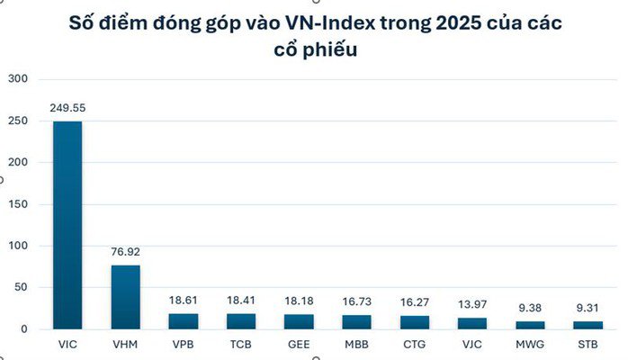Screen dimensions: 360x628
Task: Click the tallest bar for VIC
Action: pyautogui.click(x=67, y=225)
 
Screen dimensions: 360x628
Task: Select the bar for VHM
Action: pyautogui.click(x=125, y=297)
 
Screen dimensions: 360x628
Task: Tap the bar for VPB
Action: pyautogui.click(x=183, y=321)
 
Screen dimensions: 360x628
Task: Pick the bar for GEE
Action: pyautogui.click(x=299, y=321)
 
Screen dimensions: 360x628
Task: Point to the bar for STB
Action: pyautogui.click(x=588, y=325)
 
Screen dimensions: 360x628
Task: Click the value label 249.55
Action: pyautogui.click(x=67, y=108)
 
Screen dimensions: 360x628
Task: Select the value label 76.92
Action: pyautogui.click(x=125, y=253)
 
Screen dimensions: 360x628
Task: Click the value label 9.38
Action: pyautogui.click(x=530, y=309)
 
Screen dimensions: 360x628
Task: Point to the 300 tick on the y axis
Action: pyautogui.click(x=19, y=79)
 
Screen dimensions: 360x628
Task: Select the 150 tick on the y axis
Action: pyautogui.click(x=19, y=204)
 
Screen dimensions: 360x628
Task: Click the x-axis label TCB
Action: pyautogui.click(x=241, y=344)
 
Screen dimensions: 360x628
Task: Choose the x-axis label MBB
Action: pyautogui.click(x=356, y=344)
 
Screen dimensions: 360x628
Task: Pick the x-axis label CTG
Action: pyautogui.click(x=414, y=344)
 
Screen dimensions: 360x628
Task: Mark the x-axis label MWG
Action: pyautogui.click(x=530, y=344)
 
